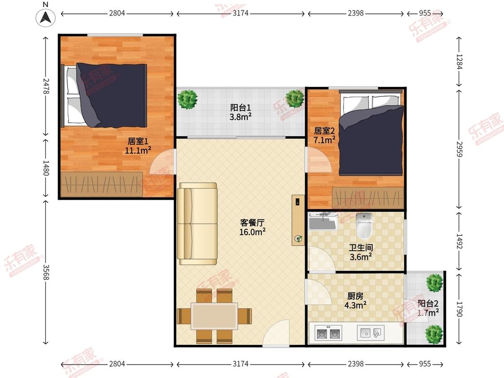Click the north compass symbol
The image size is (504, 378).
pyautogui.click(x=45, y=17)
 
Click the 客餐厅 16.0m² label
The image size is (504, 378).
pyautogui.click(x=253, y=227)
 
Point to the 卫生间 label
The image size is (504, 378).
pyautogui.click(x=361, y=248)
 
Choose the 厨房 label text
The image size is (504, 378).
pyautogui.click(x=356, y=296)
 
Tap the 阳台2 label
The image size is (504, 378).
pyautogui.click(x=428, y=303)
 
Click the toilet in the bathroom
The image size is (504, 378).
pyautogui.click(x=364, y=225)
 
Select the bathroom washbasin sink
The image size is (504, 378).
pyautogui.click(x=323, y=221)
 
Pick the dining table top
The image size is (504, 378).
pyautogui.click(x=215, y=316)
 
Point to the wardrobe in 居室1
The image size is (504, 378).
pyautogui.click(x=102, y=185)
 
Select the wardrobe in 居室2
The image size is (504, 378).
pyautogui.click(x=368, y=197)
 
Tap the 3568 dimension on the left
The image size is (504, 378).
pyautogui.click(x=46, y=272)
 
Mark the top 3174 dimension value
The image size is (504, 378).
pyautogui.click(x=241, y=13)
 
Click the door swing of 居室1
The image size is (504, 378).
pyautogui.click(x=162, y=162)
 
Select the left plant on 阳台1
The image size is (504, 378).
pyautogui.click(x=187, y=99)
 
